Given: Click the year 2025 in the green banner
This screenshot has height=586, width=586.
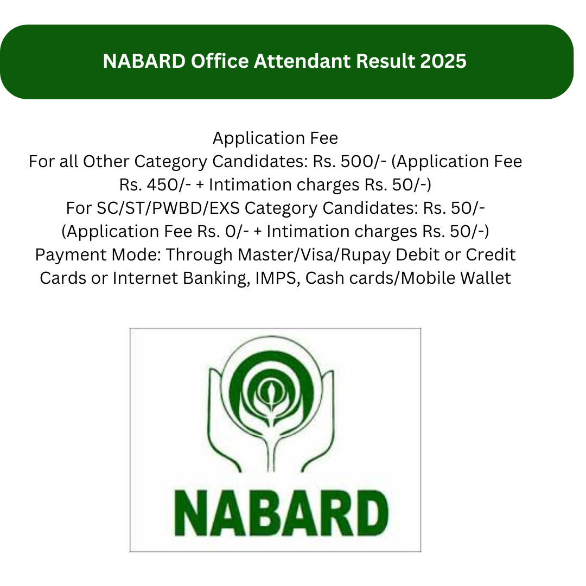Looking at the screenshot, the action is click(443, 61).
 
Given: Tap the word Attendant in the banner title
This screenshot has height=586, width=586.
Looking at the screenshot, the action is click(302, 61).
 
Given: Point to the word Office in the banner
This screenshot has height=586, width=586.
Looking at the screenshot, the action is click(220, 61).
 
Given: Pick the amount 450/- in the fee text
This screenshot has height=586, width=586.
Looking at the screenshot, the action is click(169, 184).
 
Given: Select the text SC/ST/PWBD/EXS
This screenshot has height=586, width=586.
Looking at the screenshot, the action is click(168, 208).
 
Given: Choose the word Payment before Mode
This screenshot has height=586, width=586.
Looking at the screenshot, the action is click(71, 255).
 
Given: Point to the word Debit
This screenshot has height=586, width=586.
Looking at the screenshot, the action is click(418, 255).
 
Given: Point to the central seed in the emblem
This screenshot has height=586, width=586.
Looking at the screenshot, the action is click(271, 392).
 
